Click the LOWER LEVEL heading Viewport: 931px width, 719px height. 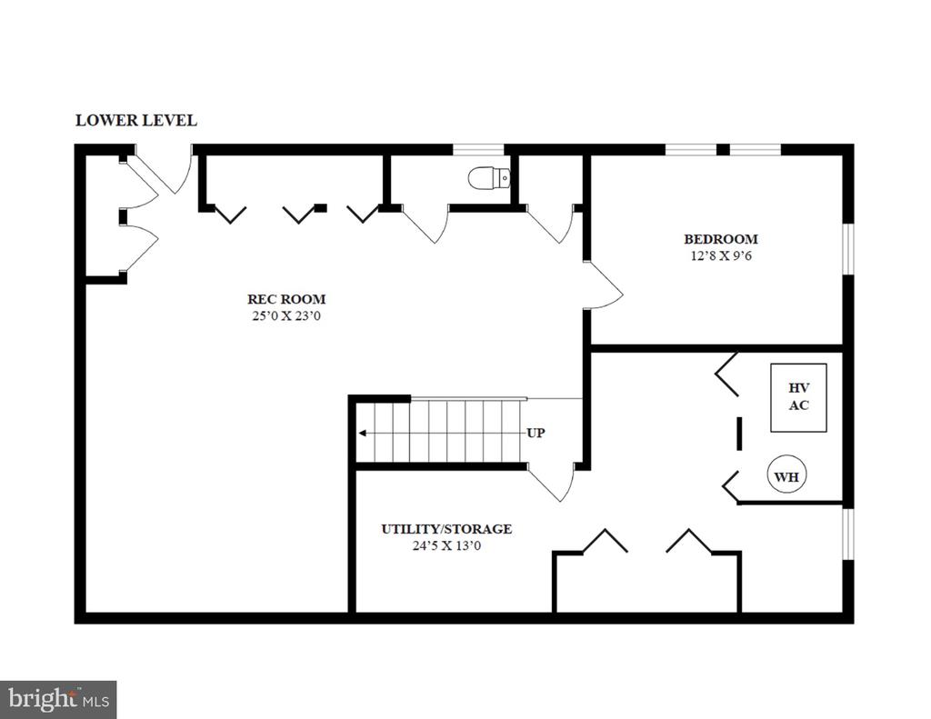136,121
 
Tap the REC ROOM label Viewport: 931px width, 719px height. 286,299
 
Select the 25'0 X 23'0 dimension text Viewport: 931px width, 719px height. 286,315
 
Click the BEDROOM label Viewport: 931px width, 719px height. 721,239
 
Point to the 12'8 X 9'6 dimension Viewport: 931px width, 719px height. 721,256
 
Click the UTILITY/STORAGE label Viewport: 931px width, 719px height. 446,529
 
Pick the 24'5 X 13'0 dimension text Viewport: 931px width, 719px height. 446,545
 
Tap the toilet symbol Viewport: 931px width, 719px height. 489,177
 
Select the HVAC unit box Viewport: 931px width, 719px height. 798,397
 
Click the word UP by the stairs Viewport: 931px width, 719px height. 536,433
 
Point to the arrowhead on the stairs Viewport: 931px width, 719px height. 362,433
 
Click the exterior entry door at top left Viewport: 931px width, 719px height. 166,172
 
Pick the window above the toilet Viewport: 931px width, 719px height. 478,149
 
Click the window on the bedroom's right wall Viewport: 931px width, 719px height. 848,249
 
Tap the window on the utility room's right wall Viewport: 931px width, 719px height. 848,534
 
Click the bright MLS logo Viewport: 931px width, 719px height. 58,700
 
